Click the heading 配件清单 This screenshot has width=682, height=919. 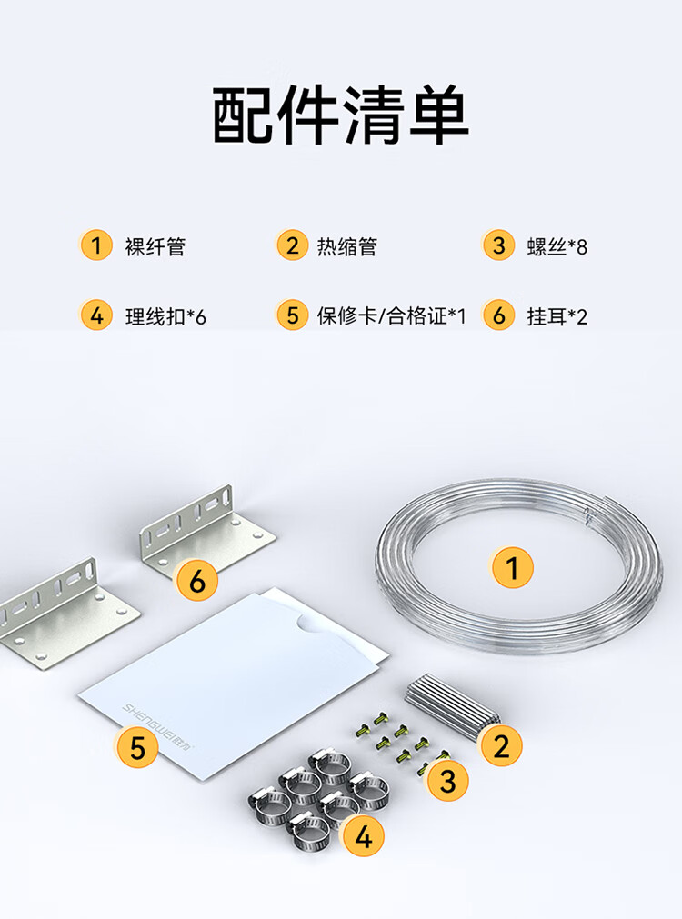[341, 115]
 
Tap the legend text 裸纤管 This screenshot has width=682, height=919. [155, 246]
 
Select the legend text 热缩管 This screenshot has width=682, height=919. [347, 246]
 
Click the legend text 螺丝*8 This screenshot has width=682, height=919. [557, 246]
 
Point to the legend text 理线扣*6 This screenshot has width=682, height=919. [165, 316]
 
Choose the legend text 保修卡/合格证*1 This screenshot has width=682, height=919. [391, 316]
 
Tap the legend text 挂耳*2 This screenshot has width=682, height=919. [557, 316]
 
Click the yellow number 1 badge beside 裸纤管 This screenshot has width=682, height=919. [96, 245]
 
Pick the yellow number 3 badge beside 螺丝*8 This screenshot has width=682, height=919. [498, 245]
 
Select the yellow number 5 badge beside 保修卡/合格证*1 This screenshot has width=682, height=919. [293, 315]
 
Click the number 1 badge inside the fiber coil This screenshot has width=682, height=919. [513, 567]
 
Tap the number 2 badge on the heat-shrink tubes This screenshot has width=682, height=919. [501, 745]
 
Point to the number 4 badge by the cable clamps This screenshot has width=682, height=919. [364, 835]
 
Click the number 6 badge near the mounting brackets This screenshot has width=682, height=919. [197, 580]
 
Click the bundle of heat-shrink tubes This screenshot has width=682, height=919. [450, 705]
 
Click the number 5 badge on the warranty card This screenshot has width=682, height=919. [137, 747]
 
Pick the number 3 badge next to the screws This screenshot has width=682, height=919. [447, 781]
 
